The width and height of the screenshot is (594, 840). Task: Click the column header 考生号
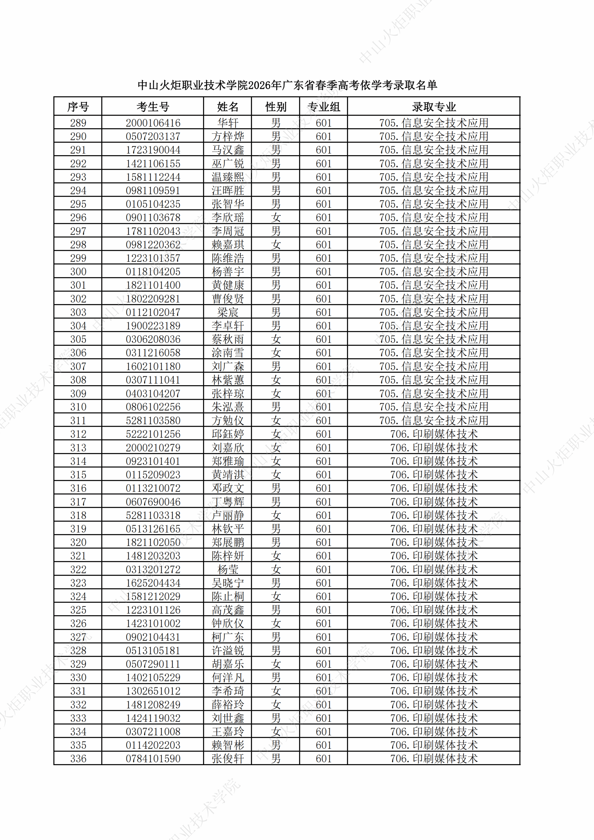point(153,107)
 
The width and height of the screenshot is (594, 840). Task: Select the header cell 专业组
point(323,107)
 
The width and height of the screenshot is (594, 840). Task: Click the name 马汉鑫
point(227,150)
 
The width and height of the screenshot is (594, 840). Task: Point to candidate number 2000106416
point(153,123)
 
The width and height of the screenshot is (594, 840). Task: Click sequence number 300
point(78,272)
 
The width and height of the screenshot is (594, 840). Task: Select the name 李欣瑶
point(227,218)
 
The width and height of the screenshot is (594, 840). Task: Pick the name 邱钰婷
point(227,434)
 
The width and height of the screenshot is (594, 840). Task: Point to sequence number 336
point(78,759)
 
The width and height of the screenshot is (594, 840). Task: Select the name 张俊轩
point(227,759)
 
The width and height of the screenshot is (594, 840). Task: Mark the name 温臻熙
point(227,177)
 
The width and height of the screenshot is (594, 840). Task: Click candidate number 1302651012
point(153,691)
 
